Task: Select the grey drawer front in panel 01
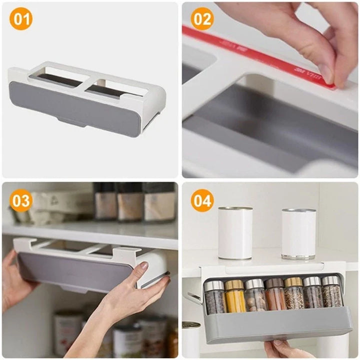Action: [x=75, y=107]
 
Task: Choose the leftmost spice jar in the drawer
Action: [x=215, y=297]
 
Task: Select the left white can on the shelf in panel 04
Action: [x=235, y=232]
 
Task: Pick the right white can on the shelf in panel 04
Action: [x=298, y=233]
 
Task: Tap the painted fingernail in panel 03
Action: [x=143, y=266]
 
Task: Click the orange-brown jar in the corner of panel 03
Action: [x=173, y=340]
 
